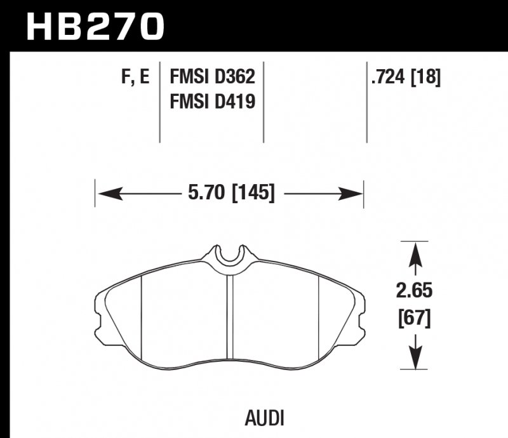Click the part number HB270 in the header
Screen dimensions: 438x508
pyautogui.click(x=95, y=25)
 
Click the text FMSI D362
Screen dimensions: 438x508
pyautogui.click(x=211, y=77)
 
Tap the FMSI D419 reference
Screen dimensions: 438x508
pyautogui.click(x=211, y=100)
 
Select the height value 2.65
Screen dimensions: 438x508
pyautogui.click(x=415, y=291)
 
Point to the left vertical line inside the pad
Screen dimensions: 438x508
pyautogui.click(x=140, y=317)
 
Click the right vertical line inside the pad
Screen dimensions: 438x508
pyautogui.click(x=317, y=317)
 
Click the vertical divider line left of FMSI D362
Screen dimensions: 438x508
pyautogui.click(x=159, y=102)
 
